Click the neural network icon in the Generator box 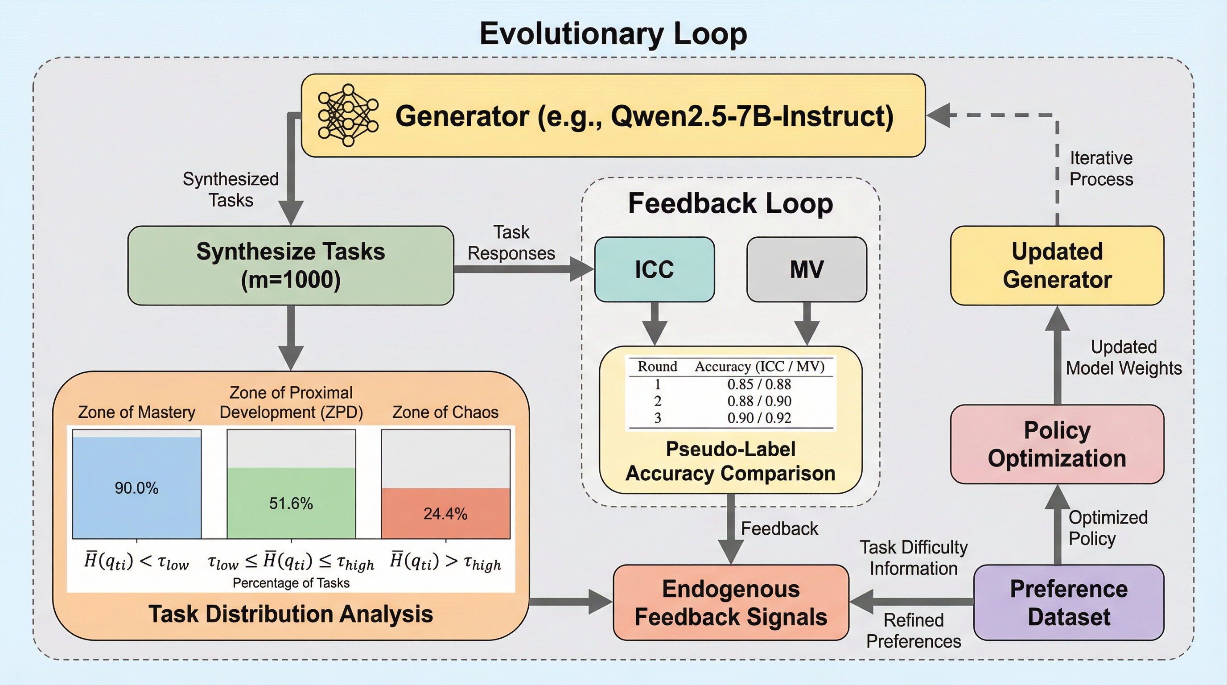[x=348, y=115]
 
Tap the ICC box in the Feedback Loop [x=654, y=269]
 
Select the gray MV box [x=807, y=269]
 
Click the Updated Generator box [x=1057, y=265]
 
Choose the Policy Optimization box [x=1057, y=444]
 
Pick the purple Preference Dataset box [x=1068, y=602]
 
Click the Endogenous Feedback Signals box [x=731, y=602]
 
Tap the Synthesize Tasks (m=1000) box [x=291, y=265]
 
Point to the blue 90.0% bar [x=137, y=487]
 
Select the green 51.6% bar [x=291, y=503]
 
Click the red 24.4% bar [x=445, y=513]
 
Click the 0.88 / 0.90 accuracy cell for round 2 [x=759, y=401]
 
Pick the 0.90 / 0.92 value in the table [x=759, y=418]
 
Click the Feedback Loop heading [x=730, y=203]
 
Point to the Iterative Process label [x=1101, y=168]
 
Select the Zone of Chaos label [x=445, y=412]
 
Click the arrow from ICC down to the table [x=655, y=324]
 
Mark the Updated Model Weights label [x=1124, y=357]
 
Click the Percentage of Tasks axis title [x=291, y=583]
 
